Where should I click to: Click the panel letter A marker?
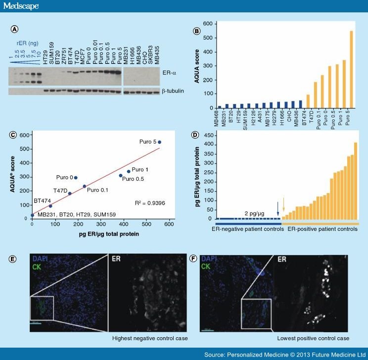pyautogui.click(x=15, y=29)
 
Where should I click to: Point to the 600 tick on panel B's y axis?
pyautogui.click(x=207, y=24)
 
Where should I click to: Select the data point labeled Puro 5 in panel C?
pyautogui.click(x=159, y=142)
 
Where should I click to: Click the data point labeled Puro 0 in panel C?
pyautogui.click(x=76, y=177)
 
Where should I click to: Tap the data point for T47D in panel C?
pyautogui.click(x=70, y=194)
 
